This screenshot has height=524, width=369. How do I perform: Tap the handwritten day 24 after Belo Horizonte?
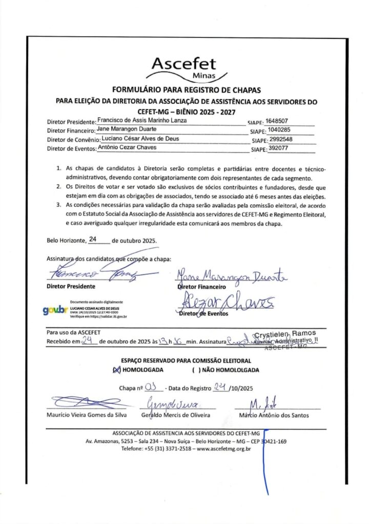tap(93, 239)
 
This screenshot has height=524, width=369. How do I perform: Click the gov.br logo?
tap(55, 309)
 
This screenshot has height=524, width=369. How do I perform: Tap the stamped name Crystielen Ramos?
tap(284, 333)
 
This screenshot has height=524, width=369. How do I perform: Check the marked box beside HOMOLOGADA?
tap(116, 370)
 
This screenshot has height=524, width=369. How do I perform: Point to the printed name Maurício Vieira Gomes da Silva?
tap(86, 415)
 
